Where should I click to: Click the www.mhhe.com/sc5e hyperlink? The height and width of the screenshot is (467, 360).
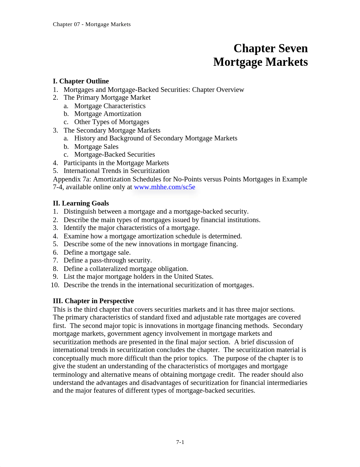click(x=164, y=187)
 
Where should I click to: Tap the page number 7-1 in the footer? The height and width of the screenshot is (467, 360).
click(x=180, y=442)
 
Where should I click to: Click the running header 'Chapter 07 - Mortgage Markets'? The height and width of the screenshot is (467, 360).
click(x=92, y=24)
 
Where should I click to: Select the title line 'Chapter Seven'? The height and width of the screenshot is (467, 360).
click(x=271, y=48)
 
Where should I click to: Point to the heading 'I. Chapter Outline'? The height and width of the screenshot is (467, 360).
click(x=81, y=81)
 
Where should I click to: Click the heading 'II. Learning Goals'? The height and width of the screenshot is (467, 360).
click(x=81, y=203)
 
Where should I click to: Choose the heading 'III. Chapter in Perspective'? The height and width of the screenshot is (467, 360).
click(x=93, y=301)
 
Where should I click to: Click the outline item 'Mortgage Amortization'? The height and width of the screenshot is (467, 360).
click(x=108, y=114)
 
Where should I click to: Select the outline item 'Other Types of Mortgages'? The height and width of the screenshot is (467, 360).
click(x=112, y=122)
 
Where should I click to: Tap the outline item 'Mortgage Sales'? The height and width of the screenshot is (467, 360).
click(x=96, y=147)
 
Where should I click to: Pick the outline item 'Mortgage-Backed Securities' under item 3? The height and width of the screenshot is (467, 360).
click(x=115, y=155)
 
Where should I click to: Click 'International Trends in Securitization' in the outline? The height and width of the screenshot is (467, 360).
click(x=116, y=171)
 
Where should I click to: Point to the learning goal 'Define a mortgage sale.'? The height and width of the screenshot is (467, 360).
click(x=97, y=252)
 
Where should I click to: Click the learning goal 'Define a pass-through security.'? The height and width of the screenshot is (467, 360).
click(x=107, y=260)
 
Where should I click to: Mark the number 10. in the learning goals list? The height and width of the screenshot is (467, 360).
click(x=55, y=285)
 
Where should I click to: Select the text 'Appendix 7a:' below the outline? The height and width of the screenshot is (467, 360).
click(x=72, y=179)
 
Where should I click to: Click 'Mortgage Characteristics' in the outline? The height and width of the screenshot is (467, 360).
click(x=110, y=106)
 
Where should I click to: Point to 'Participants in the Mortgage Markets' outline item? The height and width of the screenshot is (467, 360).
click(x=116, y=163)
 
